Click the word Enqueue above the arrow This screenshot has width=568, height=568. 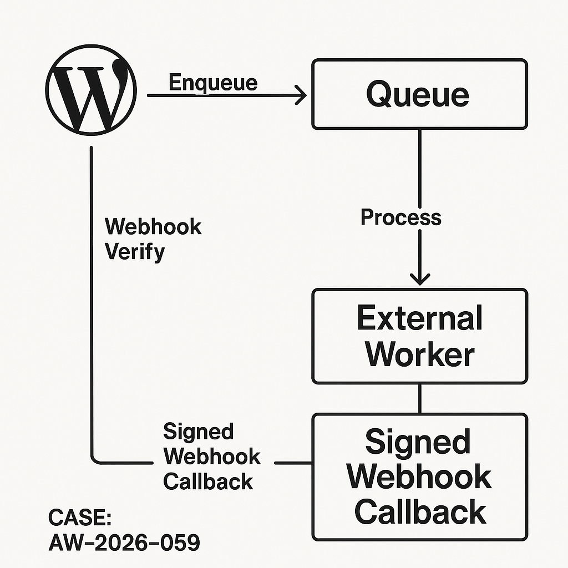click(x=213, y=83)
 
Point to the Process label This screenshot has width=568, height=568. click(x=400, y=217)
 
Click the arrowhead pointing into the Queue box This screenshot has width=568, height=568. click(x=302, y=95)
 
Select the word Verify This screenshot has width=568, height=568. click(x=135, y=252)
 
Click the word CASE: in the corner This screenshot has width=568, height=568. click(x=80, y=518)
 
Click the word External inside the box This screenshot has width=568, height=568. click(x=419, y=318)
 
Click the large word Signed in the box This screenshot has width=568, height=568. click(x=418, y=442)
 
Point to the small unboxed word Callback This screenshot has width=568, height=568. click(x=208, y=481)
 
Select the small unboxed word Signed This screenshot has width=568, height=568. click(x=199, y=432)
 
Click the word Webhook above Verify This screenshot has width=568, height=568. click(x=153, y=227)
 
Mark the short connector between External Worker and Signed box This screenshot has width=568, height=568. click(x=419, y=398)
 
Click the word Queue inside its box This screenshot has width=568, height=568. click(x=418, y=94)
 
